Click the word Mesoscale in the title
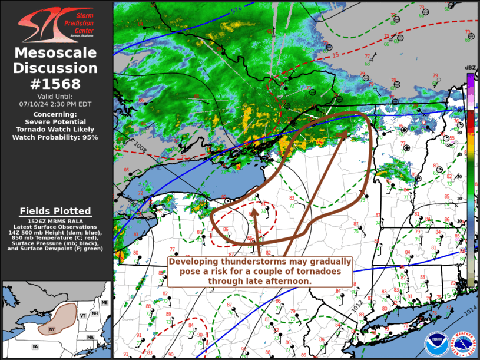pyautogui.click(x=56, y=53)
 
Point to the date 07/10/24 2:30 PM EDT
pyautogui.click(x=56, y=104)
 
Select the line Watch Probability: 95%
pyautogui.click(x=56, y=137)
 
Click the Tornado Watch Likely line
pyautogui.click(x=56, y=129)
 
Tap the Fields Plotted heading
pyautogui.click(x=56, y=211)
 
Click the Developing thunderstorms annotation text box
pyautogui.click(x=260, y=271)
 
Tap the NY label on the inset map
pyautogui.click(x=52, y=329)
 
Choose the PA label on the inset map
pyautogui.click(x=36, y=346)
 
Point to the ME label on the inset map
pyautogui.click(x=104, y=302)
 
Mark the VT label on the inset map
pyautogui.click(x=83, y=316)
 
